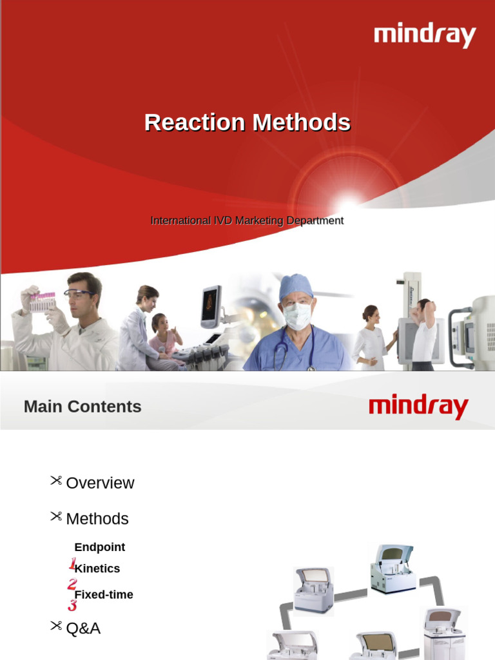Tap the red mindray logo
click(418, 407)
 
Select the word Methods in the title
click(301, 122)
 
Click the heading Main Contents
click(82, 407)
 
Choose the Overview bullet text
click(100, 483)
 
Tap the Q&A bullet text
click(83, 628)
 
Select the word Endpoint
click(100, 547)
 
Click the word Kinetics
click(97, 568)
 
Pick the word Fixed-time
click(104, 595)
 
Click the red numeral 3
click(72, 606)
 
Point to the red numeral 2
click(72, 585)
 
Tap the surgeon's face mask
click(297, 316)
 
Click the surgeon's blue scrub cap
click(296, 286)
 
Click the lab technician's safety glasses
click(79, 294)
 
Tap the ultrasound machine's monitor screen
click(210, 305)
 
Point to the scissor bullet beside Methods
click(56, 516)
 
